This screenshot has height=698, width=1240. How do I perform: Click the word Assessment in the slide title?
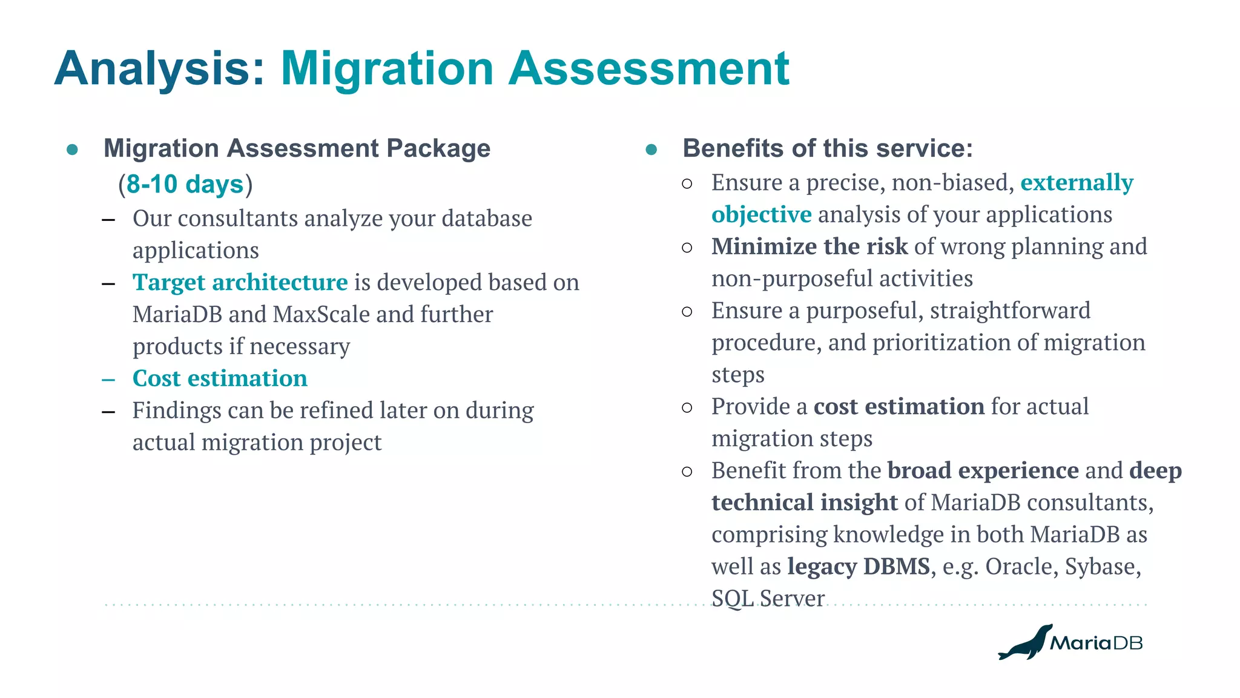(648, 69)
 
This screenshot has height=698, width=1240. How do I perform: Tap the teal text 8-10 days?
(185, 184)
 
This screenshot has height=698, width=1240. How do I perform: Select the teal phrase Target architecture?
(240, 283)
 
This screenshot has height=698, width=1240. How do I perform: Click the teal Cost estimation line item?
(220, 378)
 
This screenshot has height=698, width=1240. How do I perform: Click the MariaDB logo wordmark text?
(1096, 643)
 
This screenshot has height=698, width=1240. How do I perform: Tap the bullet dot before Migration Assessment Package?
(73, 150)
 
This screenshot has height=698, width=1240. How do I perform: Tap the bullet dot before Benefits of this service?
(651, 150)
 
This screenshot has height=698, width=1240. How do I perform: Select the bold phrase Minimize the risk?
(809, 246)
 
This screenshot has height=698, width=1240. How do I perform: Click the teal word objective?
(761, 215)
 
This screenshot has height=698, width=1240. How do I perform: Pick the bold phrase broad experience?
(983, 470)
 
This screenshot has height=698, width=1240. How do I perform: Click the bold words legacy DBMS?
(858, 567)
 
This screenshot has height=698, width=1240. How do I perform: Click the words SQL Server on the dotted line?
(767, 599)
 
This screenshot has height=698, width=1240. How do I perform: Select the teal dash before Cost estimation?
(108, 380)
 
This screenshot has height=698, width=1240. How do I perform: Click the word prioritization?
(941, 343)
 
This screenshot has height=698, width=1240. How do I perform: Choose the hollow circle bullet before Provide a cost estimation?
(687, 407)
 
